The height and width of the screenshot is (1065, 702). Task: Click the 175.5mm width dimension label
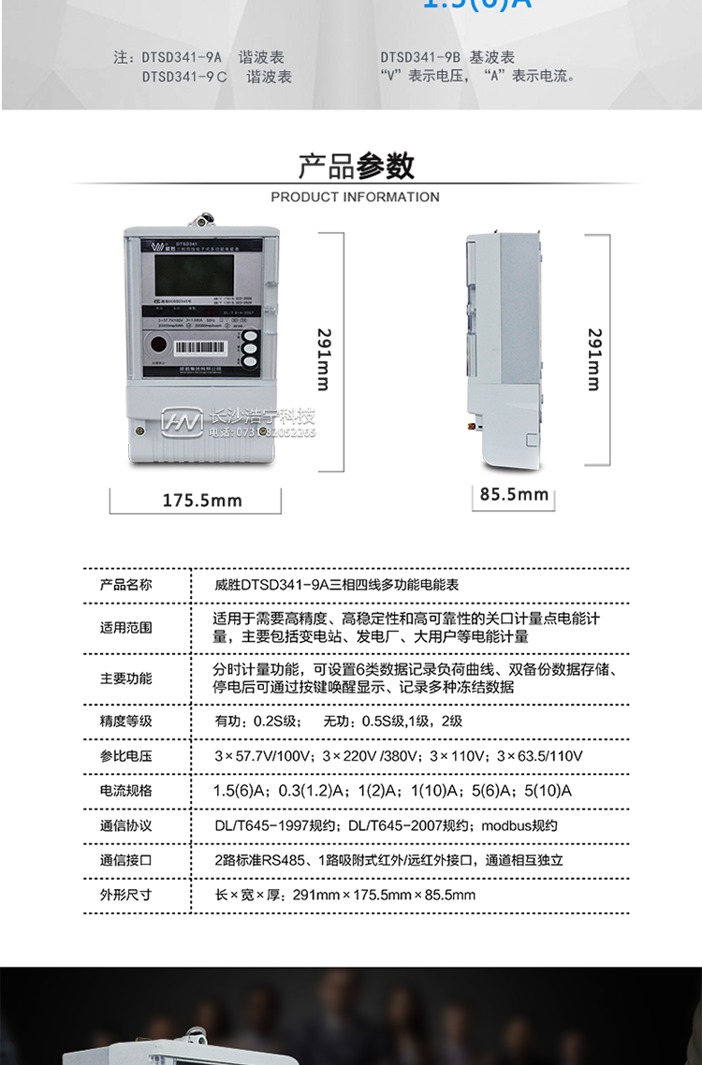[x=202, y=501]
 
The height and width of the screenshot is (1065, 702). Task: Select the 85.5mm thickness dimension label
[x=514, y=493]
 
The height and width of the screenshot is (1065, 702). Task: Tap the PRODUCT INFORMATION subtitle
[x=355, y=197]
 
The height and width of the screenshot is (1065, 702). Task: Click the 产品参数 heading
[x=356, y=167]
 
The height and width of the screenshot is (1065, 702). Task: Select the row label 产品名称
[x=125, y=585]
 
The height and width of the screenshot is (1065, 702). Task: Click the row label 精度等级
[x=125, y=722]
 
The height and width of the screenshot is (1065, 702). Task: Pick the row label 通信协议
[x=125, y=825]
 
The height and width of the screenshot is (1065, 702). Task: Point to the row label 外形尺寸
[x=125, y=895]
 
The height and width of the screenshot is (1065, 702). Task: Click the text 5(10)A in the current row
[x=548, y=791]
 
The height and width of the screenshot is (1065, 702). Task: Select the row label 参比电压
[x=125, y=756]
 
